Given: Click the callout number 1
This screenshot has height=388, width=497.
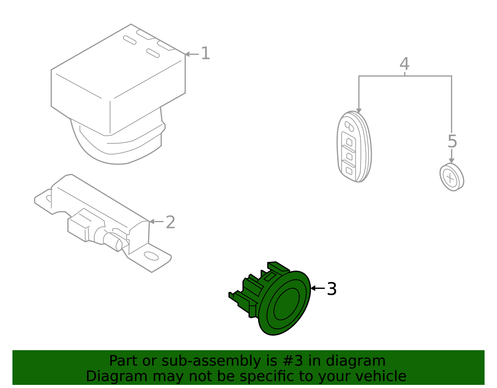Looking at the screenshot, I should click(x=206, y=53).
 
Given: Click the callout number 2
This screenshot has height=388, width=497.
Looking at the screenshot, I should click(x=171, y=222).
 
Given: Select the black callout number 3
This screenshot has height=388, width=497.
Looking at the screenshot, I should click(x=332, y=289).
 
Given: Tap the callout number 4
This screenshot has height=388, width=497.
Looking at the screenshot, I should click(x=404, y=64).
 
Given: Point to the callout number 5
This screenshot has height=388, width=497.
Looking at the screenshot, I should click(x=452, y=141).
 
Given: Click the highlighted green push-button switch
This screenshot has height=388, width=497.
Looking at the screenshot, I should click(x=273, y=298).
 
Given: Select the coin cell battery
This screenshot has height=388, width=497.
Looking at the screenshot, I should click(x=452, y=177).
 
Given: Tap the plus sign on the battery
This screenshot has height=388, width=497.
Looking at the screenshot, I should click(x=450, y=178).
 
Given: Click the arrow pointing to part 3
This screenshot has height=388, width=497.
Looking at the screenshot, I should click(x=317, y=288).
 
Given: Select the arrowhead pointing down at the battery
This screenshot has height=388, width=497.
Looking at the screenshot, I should click(x=452, y=161).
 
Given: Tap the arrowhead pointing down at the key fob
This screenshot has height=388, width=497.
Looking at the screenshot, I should click(x=359, y=111).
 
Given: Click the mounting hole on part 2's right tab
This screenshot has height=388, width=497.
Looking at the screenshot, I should click(x=151, y=256).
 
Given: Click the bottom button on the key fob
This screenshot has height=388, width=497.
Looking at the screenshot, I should click(x=349, y=171).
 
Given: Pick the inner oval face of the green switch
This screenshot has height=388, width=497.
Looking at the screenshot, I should click(x=286, y=304).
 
